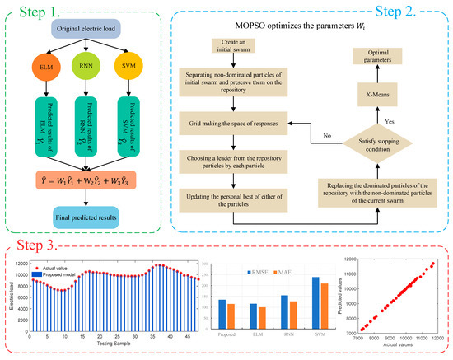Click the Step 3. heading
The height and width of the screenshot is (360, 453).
point(37,245)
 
